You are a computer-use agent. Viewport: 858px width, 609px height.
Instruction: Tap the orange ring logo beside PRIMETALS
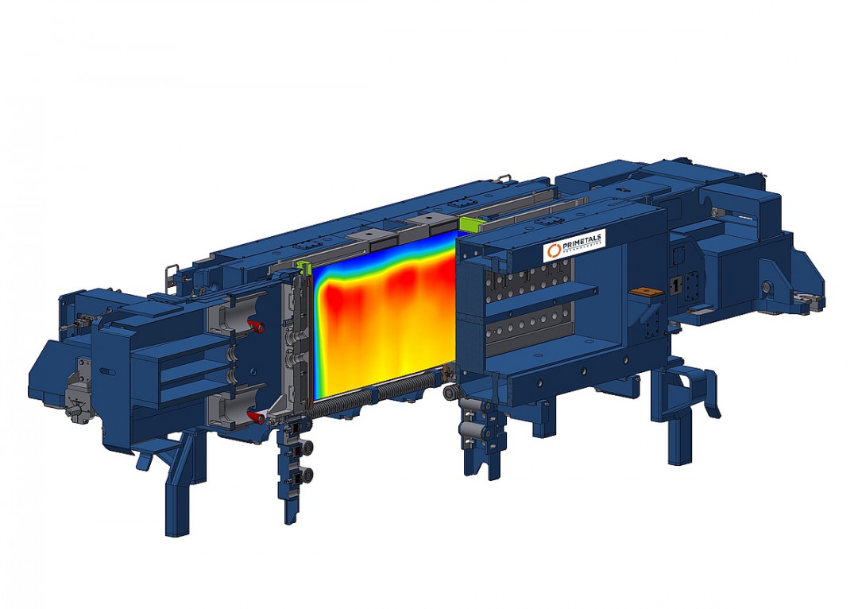coord(553,251)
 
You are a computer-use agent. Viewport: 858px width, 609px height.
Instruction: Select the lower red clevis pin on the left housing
coord(253,417)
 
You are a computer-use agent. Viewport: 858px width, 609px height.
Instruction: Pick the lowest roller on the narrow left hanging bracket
coord(307,475)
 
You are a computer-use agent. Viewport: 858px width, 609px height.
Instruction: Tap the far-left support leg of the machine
coord(176,493)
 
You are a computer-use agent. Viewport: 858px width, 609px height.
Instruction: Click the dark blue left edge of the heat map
coord(317,334)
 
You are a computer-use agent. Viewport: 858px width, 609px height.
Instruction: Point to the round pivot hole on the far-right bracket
coord(766,285)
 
